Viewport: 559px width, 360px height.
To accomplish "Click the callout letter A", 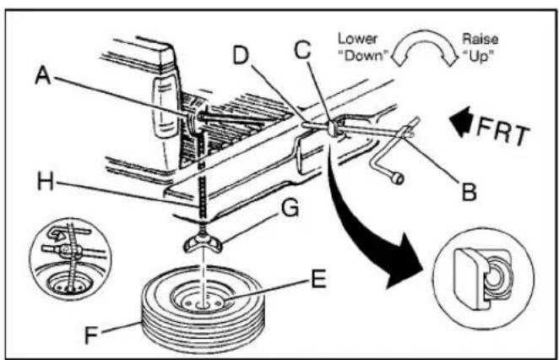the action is [43, 76].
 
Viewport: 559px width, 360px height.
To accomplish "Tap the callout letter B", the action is [469, 191].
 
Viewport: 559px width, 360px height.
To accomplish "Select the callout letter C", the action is [302, 50].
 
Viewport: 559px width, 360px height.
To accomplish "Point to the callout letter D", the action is [241, 55].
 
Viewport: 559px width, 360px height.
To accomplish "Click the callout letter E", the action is [318, 279].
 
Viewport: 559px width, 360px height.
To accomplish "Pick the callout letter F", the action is [91, 335].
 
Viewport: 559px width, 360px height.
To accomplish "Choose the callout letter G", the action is [290, 208].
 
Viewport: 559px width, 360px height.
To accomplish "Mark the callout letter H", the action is [46, 181].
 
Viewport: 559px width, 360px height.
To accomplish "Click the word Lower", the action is [357, 39].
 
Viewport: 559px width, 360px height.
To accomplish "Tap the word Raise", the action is [480, 39].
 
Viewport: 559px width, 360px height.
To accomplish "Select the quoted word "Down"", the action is [362, 56].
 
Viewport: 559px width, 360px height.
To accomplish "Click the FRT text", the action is [503, 131].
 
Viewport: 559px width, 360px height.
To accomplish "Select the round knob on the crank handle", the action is [397, 177].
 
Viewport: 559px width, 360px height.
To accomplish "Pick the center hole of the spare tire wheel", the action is [204, 305].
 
